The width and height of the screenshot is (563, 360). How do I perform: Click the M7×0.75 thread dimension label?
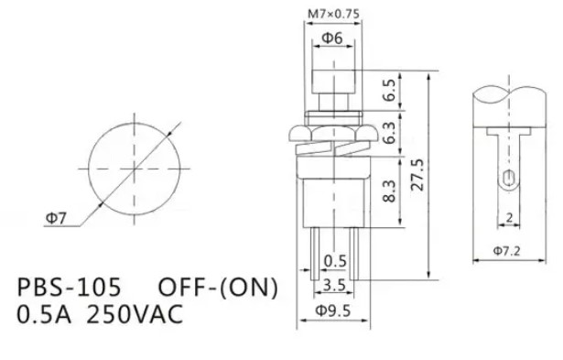(x=333, y=14)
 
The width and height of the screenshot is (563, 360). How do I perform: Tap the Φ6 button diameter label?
(x=332, y=38)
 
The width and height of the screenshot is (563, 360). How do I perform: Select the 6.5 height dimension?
(x=390, y=90)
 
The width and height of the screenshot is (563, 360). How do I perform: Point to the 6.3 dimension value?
(x=390, y=133)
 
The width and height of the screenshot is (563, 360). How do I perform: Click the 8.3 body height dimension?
(x=390, y=191)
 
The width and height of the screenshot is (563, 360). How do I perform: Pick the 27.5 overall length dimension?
(x=417, y=175)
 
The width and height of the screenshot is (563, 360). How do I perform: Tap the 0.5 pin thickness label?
(x=335, y=261)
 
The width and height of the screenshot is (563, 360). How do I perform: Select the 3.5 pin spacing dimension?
(x=334, y=285)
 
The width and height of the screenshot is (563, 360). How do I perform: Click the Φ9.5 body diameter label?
(x=333, y=311)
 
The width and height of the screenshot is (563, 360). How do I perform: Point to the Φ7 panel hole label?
(x=57, y=218)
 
